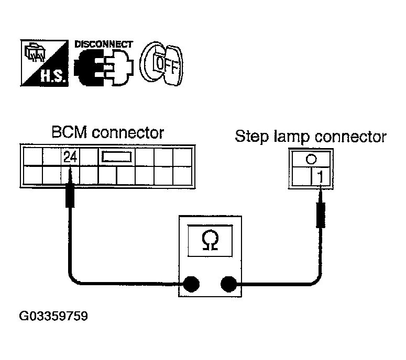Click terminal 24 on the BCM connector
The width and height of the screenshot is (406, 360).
(x=70, y=157)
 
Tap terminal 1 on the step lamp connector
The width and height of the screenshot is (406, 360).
(x=321, y=177)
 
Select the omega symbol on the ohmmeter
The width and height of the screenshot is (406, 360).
(x=210, y=241)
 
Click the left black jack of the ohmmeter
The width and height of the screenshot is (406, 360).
(x=191, y=284)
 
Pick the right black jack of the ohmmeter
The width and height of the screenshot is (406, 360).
(x=228, y=284)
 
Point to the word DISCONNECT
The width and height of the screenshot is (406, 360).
(x=104, y=44)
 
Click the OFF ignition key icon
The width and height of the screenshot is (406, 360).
(x=161, y=63)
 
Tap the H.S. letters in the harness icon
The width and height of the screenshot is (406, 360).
(x=52, y=76)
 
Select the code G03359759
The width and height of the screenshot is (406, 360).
(x=53, y=316)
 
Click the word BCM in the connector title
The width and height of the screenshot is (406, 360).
(x=69, y=132)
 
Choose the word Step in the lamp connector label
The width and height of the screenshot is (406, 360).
(x=251, y=136)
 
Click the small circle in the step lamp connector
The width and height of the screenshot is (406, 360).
(x=311, y=159)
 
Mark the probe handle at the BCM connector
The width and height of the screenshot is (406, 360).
(x=70, y=195)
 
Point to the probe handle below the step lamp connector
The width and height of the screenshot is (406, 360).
(x=321, y=215)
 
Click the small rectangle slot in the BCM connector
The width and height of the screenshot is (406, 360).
(x=116, y=157)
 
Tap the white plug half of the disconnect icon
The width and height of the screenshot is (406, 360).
(x=119, y=67)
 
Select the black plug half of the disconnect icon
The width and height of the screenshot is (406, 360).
(x=89, y=67)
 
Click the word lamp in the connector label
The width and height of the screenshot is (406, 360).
(x=292, y=137)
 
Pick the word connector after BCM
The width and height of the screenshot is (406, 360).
(x=128, y=133)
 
